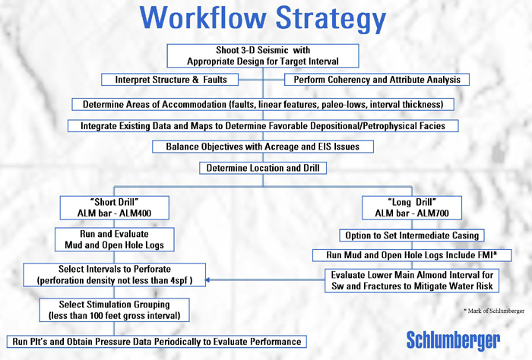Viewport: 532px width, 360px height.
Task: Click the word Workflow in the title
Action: (203, 17)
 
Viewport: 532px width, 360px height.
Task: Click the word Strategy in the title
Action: (331, 20)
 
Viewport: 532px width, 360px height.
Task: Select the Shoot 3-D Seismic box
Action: (263, 55)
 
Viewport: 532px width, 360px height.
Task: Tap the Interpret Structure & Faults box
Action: (170, 80)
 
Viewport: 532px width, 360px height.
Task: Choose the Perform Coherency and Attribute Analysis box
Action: (377, 80)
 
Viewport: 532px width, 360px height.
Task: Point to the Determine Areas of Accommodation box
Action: (263, 104)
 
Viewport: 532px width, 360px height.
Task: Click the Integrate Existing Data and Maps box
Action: (263, 126)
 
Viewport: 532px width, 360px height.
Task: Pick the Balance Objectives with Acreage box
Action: (263, 147)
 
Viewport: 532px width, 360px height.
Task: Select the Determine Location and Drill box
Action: (263, 168)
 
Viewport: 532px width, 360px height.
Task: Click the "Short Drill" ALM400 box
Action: (114, 208)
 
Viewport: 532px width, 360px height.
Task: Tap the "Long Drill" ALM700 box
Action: (412, 208)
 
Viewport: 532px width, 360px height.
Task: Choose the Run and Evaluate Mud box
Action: (114, 240)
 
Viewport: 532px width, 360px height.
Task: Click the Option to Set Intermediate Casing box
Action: (412, 235)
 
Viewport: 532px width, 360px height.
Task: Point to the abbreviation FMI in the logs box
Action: (484, 255)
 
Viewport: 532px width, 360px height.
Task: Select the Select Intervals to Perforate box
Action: (114, 275)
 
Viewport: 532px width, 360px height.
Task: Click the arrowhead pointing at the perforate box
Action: (207, 280)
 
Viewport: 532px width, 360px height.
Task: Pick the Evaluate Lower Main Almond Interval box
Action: (412, 281)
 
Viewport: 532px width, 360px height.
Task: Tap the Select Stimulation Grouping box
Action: (114, 310)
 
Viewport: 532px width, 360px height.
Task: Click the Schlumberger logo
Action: (453, 341)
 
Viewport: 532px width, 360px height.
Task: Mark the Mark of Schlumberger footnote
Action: (494, 311)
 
